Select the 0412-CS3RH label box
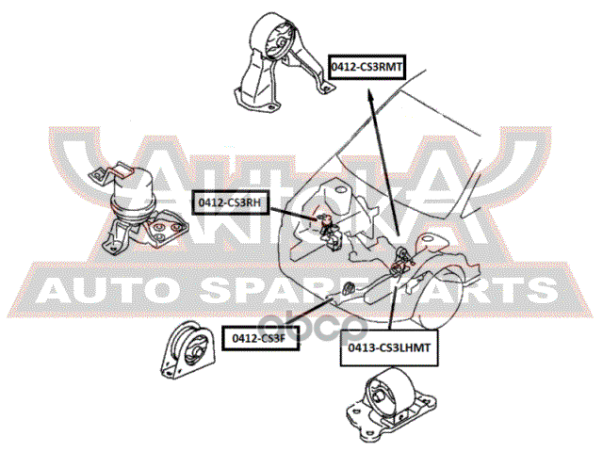[x=229, y=201]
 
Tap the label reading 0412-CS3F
[x=260, y=336]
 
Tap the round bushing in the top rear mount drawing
[x=280, y=43]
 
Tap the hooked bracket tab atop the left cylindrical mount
[x=102, y=171]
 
